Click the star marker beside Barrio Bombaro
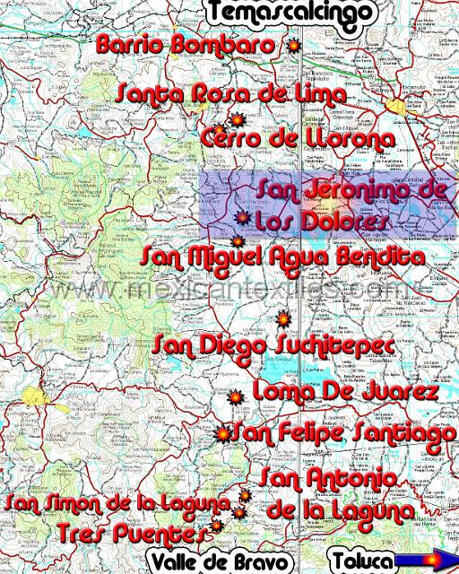point(290,46)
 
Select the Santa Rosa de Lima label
point(231,93)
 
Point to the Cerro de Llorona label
point(298,139)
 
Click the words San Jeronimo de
point(351,190)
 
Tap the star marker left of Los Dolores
point(241,218)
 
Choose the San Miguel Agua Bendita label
point(283,257)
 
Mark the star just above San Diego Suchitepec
point(282,318)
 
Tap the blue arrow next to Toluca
point(426,561)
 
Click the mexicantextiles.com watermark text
point(229,290)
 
